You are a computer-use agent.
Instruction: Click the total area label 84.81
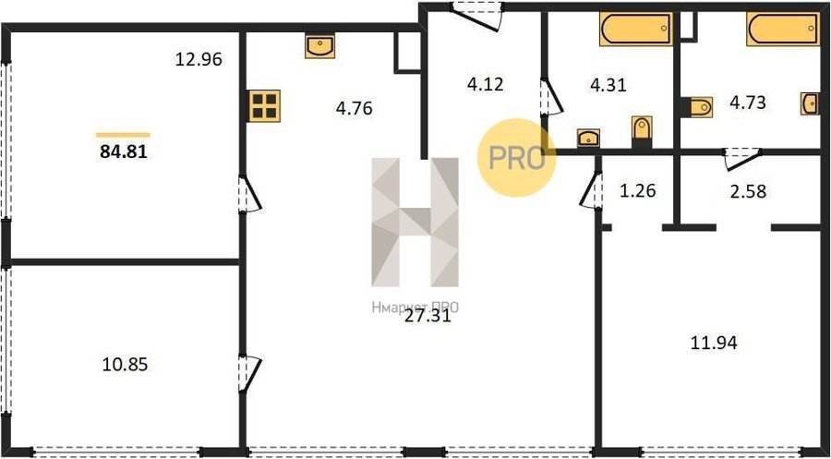click(123, 152)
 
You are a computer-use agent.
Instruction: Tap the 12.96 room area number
click(199, 59)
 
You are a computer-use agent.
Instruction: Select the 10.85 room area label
click(125, 365)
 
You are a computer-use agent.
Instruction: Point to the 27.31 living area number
click(428, 317)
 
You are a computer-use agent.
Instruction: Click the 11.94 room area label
click(714, 344)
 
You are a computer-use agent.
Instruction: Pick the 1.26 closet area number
click(637, 190)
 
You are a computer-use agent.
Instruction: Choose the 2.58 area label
click(748, 191)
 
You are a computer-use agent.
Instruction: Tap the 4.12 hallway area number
click(486, 84)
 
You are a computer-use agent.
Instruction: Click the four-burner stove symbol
click(264, 106)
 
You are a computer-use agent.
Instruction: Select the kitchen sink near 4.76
click(319, 46)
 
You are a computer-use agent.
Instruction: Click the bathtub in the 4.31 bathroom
click(636, 30)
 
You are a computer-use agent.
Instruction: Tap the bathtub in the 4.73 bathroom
click(783, 30)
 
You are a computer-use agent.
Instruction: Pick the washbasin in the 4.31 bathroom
click(588, 139)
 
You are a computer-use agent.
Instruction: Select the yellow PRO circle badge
click(517, 157)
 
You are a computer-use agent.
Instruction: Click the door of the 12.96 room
click(249, 195)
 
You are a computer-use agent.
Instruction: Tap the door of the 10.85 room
click(249, 375)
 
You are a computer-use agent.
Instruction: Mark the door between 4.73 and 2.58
click(742, 159)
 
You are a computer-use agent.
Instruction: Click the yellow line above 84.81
click(123, 135)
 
